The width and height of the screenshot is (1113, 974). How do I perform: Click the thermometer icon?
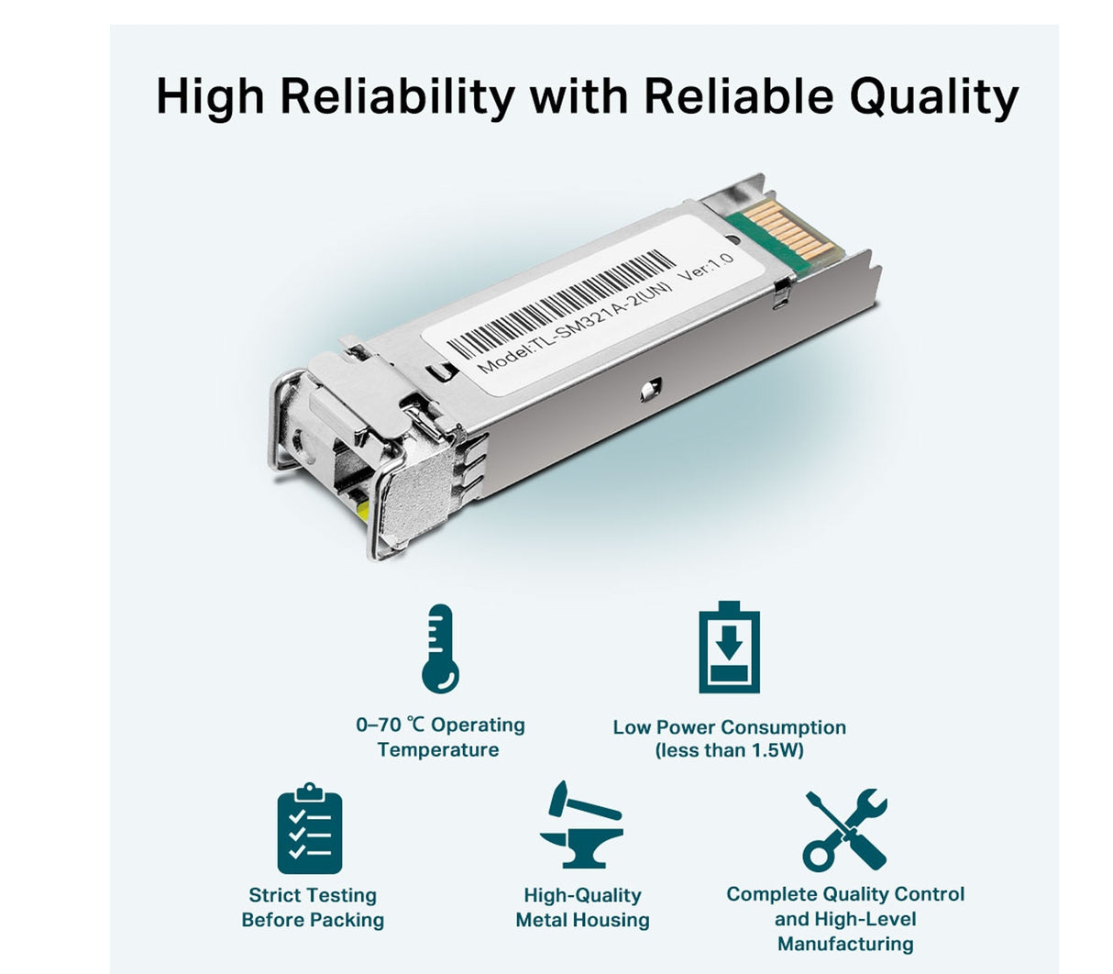(x=440, y=649)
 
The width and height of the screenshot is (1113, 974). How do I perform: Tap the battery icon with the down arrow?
(x=729, y=647)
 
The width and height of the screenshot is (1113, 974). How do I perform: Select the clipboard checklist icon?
(x=310, y=830)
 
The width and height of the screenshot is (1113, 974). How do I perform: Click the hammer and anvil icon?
(x=581, y=825)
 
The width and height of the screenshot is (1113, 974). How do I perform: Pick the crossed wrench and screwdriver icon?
(x=844, y=830)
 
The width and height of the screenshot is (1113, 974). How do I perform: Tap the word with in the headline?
(x=576, y=96)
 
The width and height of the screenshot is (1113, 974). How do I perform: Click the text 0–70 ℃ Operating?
(x=440, y=725)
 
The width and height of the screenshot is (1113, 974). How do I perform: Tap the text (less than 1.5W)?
(x=729, y=751)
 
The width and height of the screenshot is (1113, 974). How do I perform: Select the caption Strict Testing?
(x=313, y=895)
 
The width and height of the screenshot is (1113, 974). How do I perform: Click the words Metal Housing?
(x=582, y=920)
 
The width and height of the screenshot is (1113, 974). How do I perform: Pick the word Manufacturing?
(x=845, y=944)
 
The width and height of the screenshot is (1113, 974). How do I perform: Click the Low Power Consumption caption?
(x=729, y=727)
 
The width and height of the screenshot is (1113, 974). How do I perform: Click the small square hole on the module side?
(x=649, y=389)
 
